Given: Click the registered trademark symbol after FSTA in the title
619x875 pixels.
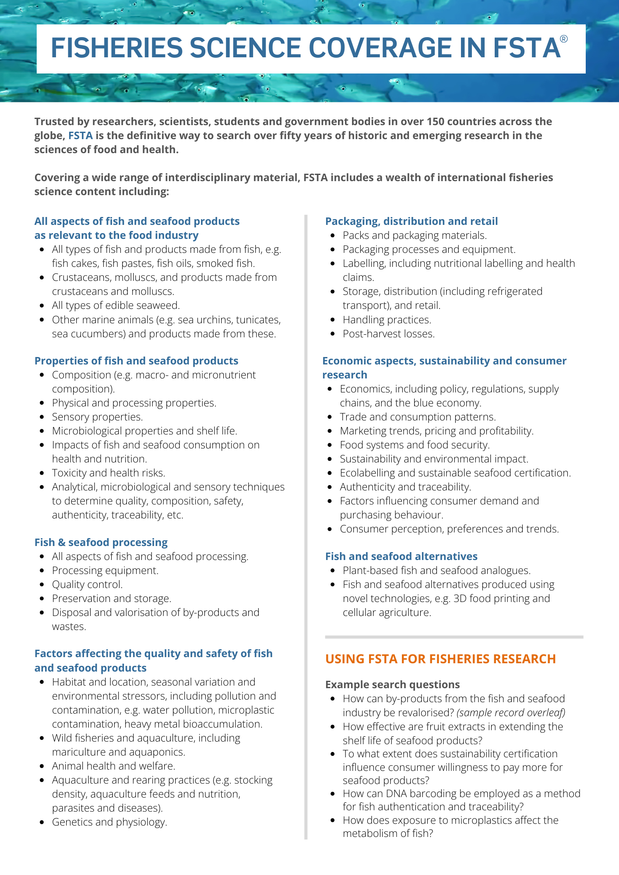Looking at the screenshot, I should click(x=564, y=39).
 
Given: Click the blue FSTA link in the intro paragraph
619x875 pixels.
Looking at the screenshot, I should click(x=81, y=136).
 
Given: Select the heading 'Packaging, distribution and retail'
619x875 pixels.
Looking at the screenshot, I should click(x=411, y=221).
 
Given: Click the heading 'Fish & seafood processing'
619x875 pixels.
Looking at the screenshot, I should click(x=101, y=542).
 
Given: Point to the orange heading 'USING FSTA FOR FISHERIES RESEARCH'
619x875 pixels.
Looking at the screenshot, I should click(x=440, y=659).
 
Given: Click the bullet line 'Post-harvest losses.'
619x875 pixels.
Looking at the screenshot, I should click(x=389, y=334).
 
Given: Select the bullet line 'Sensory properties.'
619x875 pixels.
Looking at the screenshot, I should click(x=97, y=417).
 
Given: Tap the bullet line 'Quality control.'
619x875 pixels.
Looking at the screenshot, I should click(x=87, y=584).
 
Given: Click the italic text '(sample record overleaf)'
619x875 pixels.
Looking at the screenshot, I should click(x=511, y=713).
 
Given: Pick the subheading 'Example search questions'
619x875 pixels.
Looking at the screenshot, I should click(x=393, y=685).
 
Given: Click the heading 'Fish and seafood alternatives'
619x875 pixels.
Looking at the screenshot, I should click(x=401, y=556).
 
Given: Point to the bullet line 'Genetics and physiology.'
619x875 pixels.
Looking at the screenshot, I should click(x=109, y=822).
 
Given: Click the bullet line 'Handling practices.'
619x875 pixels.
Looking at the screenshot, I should click(x=387, y=320).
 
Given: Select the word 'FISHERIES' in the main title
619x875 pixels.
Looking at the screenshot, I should click(x=117, y=48).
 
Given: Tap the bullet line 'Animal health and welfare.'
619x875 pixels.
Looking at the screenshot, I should click(x=113, y=766).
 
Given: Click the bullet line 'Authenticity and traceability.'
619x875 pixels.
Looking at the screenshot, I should click(x=405, y=487).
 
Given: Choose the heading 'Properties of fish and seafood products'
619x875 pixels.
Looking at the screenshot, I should click(x=137, y=361).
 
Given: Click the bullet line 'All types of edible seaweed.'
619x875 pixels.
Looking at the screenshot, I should click(x=116, y=305).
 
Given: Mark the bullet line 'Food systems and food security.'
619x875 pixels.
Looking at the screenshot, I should click(x=415, y=445).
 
